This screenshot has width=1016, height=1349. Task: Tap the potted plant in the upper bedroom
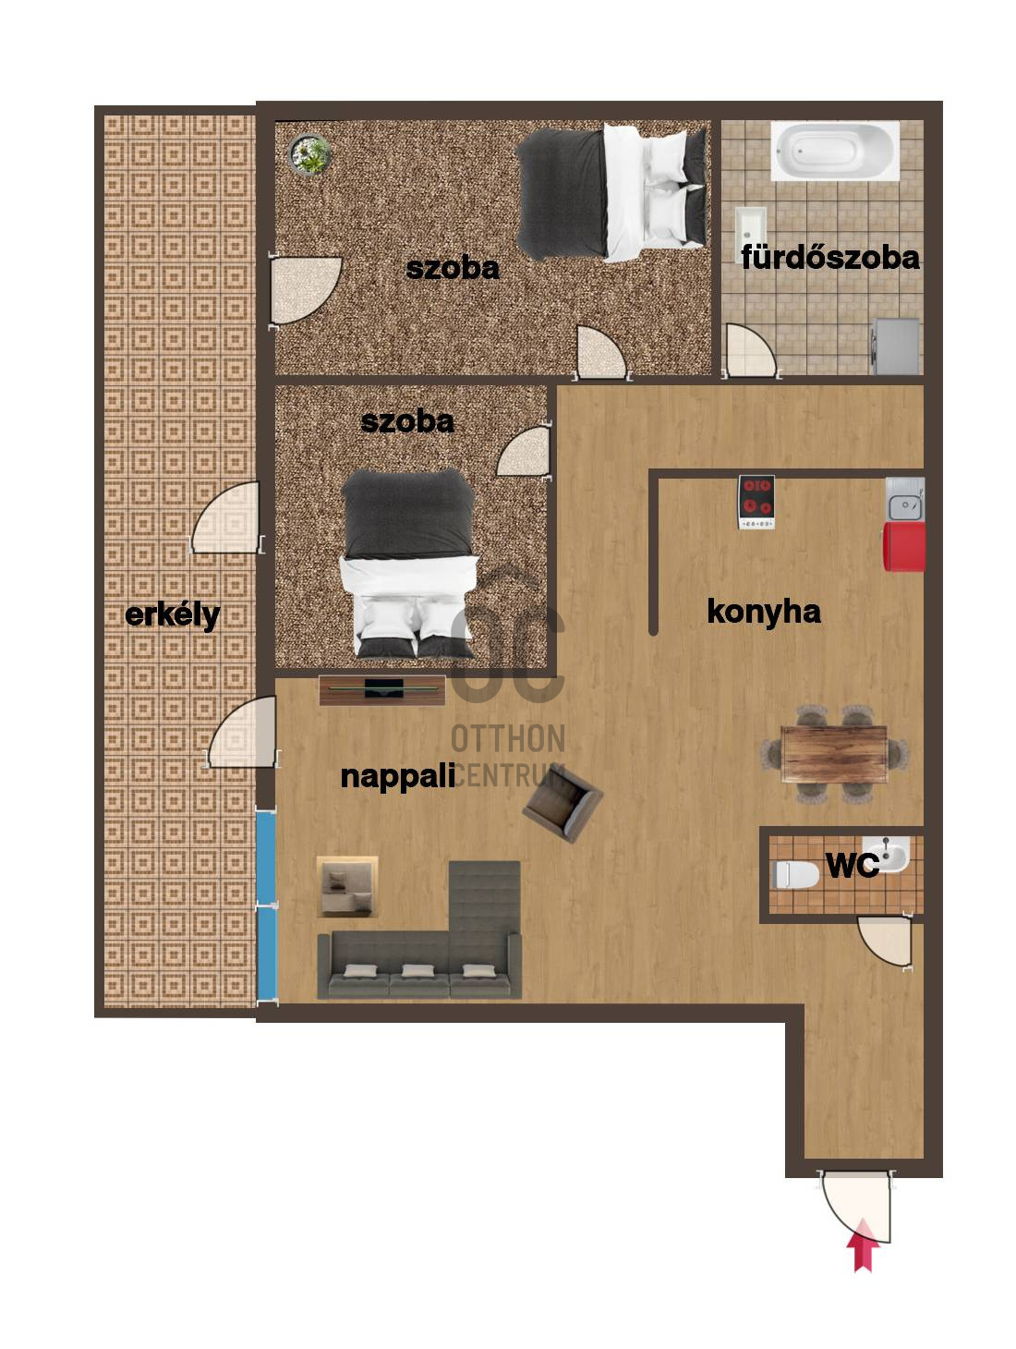tap(306, 152)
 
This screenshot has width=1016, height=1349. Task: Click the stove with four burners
tap(744, 494)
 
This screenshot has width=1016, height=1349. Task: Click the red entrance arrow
tap(850, 1227)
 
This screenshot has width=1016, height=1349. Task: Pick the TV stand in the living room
tap(376, 679)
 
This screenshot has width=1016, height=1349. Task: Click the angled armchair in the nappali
tap(553, 792)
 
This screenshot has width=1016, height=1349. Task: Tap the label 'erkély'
tap(170, 606)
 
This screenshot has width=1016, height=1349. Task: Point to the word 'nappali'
tap(392, 766)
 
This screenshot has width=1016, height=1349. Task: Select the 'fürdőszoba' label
tap(817, 254)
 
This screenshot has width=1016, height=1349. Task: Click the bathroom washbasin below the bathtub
tap(738, 222)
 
